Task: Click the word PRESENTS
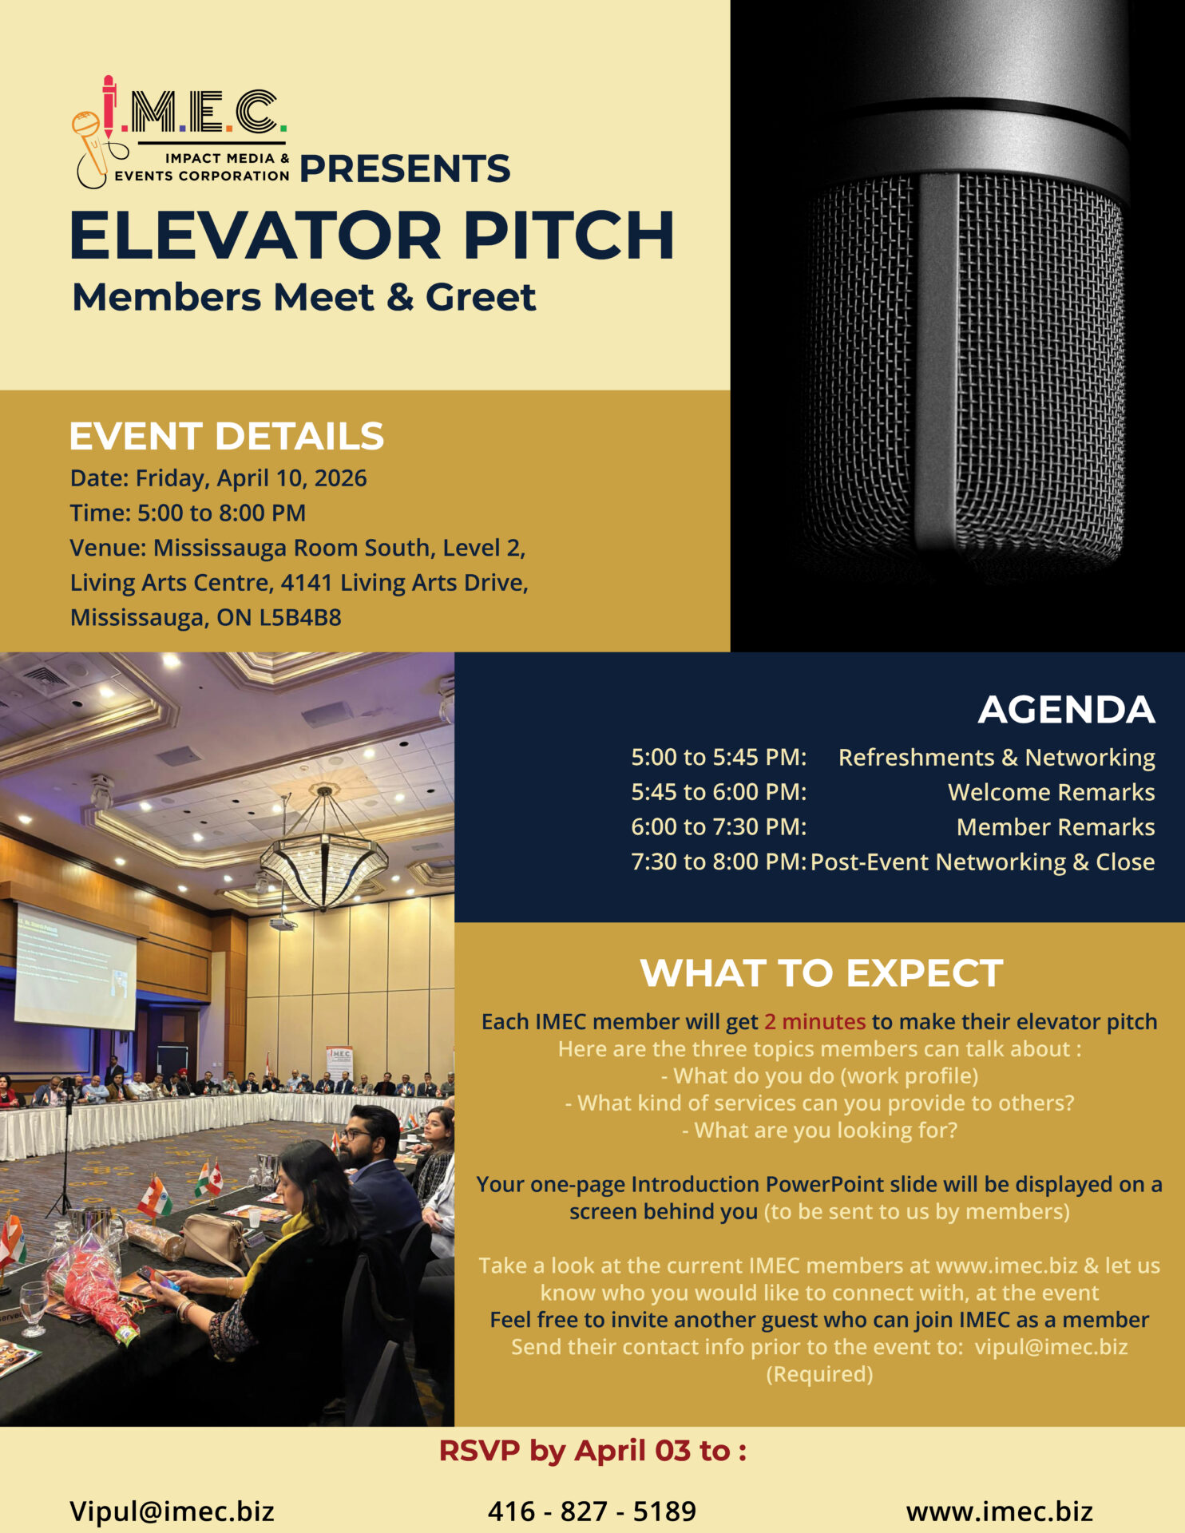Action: pos(405,168)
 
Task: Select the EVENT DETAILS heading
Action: pos(227,436)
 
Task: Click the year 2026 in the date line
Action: pos(340,477)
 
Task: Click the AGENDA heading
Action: pos(1066,710)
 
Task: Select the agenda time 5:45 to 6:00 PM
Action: pos(719,792)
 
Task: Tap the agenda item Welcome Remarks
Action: pos(1051,792)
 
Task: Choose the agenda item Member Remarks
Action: pos(1056,827)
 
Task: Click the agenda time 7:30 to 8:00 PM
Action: pos(719,862)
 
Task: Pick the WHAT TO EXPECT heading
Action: pos(822,973)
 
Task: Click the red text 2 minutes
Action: pos(814,1021)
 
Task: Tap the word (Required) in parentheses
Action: pos(819,1374)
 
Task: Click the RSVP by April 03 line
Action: pos(592,1451)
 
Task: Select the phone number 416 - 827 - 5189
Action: pos(592,1511)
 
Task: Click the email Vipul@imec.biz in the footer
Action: pos(172,1511)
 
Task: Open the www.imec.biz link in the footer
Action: pos(999,1511)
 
